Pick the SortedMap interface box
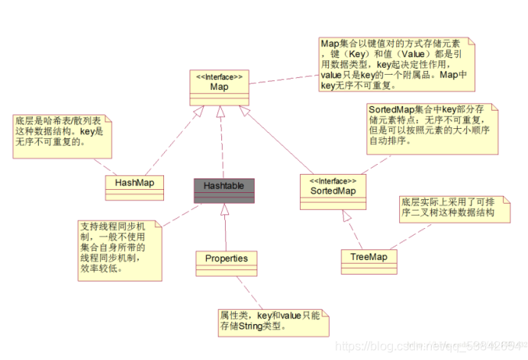333,188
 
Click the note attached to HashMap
62,133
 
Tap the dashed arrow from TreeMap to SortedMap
353,227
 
